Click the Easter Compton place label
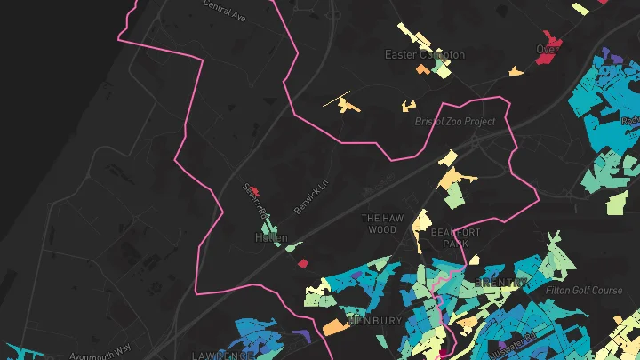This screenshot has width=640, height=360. [424, 55]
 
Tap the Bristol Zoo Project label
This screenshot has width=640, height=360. [454, 121]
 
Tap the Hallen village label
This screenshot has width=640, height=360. [271, 238]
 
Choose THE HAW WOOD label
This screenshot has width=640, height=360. [383, 223]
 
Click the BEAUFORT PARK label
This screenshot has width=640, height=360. [455, 237]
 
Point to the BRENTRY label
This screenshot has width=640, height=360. [501, 282]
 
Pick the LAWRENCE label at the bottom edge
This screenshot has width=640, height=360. [223, 355]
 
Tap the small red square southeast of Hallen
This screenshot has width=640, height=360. [302, 263]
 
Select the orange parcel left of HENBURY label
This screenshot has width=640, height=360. [335, 327]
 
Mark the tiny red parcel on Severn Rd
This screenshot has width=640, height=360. [255, 189]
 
